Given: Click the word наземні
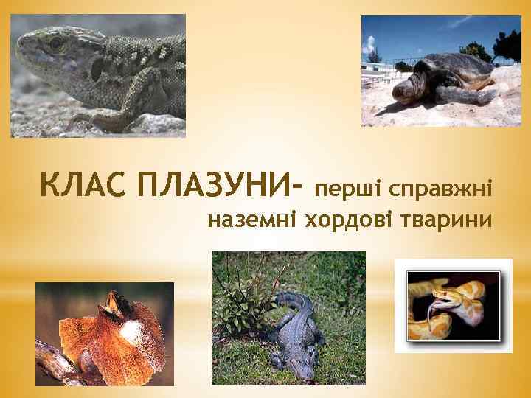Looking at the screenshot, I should point(243,220).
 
